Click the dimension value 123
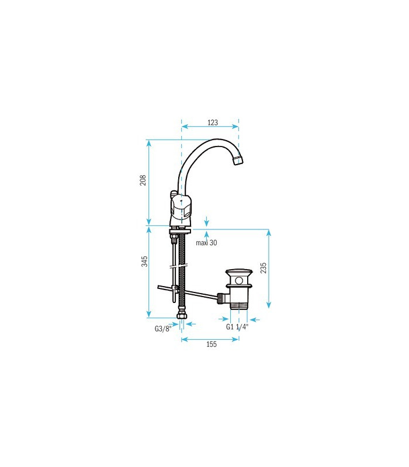[x=213, y=123]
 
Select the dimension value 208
[x=143, y=180]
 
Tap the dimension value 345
[x=144, y=261]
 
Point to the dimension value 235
[x=264, y=268]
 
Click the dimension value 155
[x=212, y=344]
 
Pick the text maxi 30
[x=206, y=243]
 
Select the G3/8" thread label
[x=164, y=329]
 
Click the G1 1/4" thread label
[x=237, y=327]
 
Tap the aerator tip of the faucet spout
[x=238, y=159]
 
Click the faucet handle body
[x=181, y=208]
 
